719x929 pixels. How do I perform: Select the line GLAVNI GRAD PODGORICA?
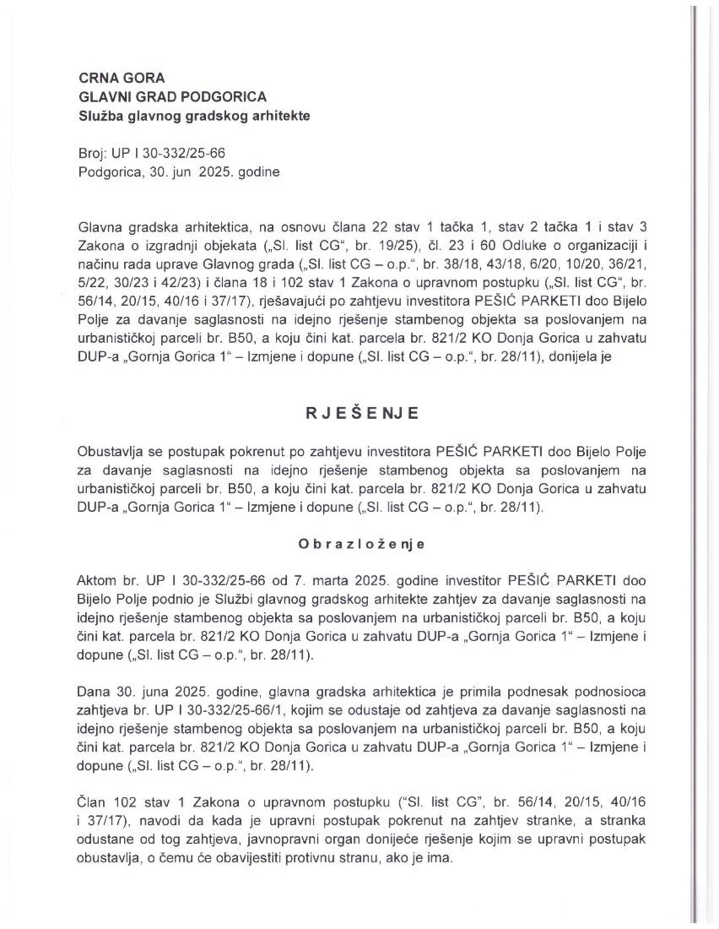172,96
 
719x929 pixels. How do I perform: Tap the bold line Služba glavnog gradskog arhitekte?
194,115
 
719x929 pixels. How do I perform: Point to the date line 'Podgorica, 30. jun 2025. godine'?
178,172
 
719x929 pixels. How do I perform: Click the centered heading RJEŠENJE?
361,414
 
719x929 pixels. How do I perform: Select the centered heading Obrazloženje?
361,544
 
